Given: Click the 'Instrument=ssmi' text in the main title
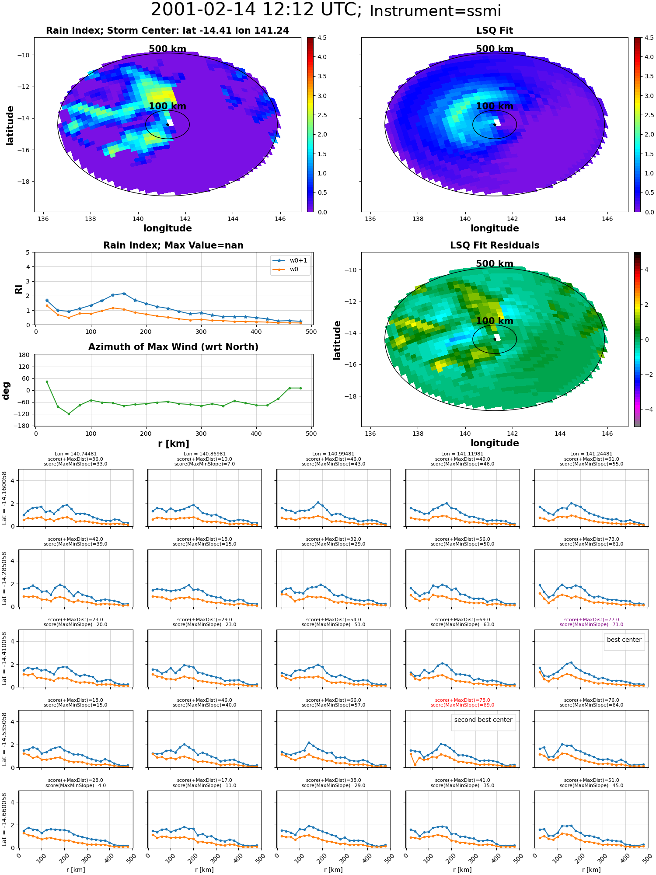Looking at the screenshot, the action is click(x=435, y=11).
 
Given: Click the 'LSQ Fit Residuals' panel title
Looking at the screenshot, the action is click(x=495, y=245).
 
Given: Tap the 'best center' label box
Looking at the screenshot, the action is click(x=624, y=640).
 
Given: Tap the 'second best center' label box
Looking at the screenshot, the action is click(x=483, y=720).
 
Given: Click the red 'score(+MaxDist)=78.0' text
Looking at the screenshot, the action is click(x=463, y=700).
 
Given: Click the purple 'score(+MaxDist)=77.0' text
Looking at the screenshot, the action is click(x=592, y=619).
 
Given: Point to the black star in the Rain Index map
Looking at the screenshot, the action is click(x=167, y=125).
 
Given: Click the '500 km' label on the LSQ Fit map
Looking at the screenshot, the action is click(x=495, y=49).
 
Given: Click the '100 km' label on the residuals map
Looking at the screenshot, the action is click(x=495, y=321).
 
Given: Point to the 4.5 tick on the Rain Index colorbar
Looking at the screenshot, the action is click(x=322, y=38).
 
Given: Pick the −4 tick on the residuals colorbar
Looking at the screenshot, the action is click(x=646, y=409).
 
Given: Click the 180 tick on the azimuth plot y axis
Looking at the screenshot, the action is click(x=24, y=355).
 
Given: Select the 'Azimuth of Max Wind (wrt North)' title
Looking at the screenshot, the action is click(x=173, y=347).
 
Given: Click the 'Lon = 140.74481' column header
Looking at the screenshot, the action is click(x=76, y=454).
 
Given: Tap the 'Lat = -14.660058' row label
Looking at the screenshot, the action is click(x=4, y=819).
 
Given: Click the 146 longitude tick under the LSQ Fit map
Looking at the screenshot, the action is click(x=607, y=219).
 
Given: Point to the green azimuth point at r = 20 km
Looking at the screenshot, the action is click(x=47, y=381).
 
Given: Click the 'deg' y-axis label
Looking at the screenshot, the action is click(x=6, y=390).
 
